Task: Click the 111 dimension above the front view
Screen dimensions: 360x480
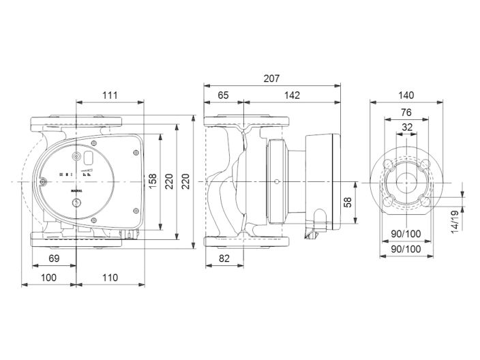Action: click(110, 95)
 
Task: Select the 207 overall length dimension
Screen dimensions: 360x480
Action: click(271, 78)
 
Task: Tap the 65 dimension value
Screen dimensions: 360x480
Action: click(223, 95)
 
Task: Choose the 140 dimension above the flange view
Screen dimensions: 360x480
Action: click(406, 95)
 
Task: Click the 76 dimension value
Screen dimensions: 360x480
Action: click(406, 112)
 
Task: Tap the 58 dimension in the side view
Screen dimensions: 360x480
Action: click(348, 202)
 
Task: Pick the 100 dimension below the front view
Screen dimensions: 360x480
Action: click(50, 277)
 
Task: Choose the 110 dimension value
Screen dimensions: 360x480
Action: click(110, 277)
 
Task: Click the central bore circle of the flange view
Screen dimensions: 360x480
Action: click(406, 183)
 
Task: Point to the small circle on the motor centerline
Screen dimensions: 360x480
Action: click(277, 182)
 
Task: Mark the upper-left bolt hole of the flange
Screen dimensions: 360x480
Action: click(389, 164)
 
